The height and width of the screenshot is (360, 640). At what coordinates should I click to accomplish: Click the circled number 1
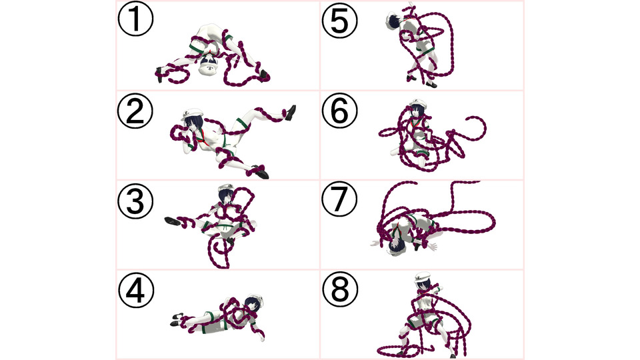coord(135,19)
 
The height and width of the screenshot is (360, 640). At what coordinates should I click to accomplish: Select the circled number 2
coord(135,111)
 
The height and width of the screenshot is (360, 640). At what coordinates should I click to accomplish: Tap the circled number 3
coord(135,201)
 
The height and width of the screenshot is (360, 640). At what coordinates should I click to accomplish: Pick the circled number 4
coord(136,291)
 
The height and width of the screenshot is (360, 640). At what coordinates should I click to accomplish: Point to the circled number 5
coord(339,21)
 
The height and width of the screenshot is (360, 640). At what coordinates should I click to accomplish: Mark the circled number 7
coord(339,199)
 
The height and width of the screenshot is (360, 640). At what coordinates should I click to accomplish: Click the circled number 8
coord(340,289)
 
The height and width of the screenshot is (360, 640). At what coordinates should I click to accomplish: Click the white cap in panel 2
coord(192,113)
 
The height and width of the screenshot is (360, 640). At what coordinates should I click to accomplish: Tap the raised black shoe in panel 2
coord(291,112)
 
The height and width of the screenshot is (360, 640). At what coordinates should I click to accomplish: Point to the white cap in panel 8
coord(423,277)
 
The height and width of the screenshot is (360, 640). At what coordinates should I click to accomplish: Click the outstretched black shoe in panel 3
coord(173,221)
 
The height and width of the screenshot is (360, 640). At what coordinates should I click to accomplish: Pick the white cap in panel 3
coord(225,188)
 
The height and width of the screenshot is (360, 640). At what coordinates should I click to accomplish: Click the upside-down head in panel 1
coord(209,66)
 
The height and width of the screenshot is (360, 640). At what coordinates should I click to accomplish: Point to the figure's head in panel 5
coord(394,19)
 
